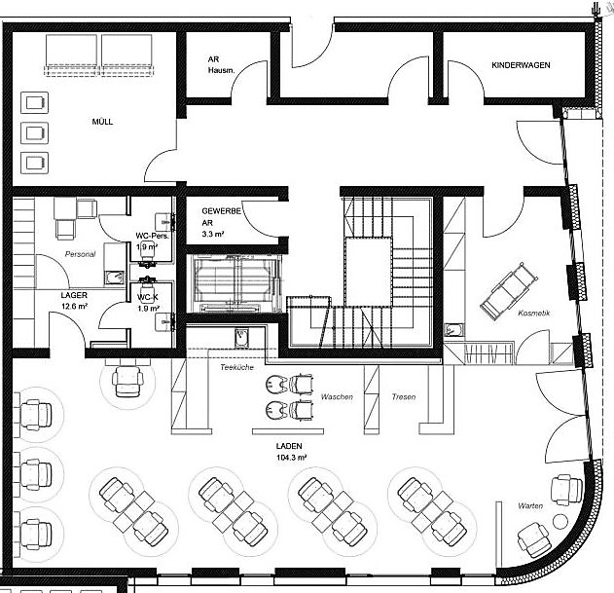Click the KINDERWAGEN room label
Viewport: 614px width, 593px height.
coord(521,65)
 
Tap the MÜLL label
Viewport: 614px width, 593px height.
coord(102,122)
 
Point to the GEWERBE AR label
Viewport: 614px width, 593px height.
coord(221,216)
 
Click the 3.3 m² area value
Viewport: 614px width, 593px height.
coord(214,235)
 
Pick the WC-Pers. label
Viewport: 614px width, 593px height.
coord(153,236)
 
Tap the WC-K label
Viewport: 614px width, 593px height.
coord(147,297)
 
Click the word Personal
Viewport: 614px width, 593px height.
coord(80,254)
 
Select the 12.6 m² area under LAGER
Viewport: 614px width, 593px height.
coord(74,307)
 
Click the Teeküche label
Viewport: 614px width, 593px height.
coord(236,368)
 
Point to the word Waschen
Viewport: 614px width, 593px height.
coord(337,397)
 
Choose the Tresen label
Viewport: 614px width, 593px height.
coord(404,397)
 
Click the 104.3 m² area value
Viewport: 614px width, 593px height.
coord(291,457)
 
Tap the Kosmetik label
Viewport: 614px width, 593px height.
coord(534,313)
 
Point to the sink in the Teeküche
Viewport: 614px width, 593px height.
coord(240,338)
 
